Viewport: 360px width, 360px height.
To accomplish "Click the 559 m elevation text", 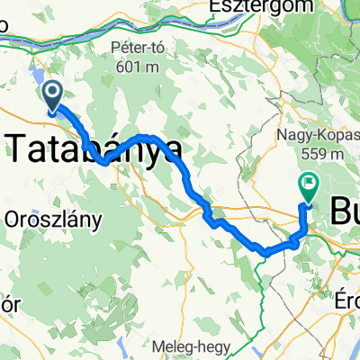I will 311,154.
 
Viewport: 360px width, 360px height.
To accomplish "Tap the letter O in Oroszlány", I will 12,219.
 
